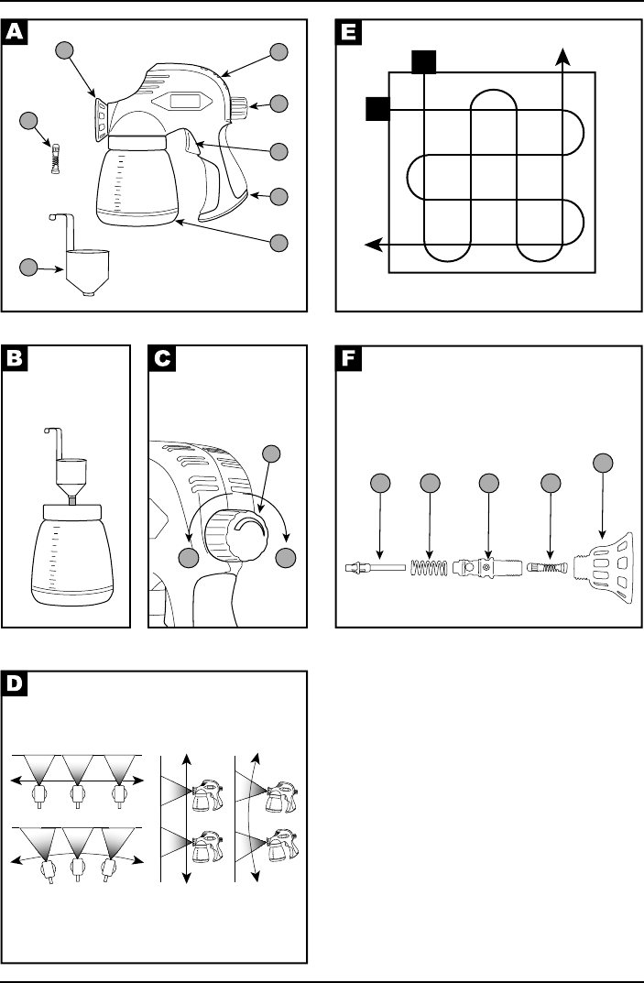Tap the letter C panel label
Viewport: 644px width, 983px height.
coord(162,359)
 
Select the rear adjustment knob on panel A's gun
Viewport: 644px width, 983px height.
coord(240,107)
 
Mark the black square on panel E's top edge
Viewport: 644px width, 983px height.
coord(423,61)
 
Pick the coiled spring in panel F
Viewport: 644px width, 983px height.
coord(429,568)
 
